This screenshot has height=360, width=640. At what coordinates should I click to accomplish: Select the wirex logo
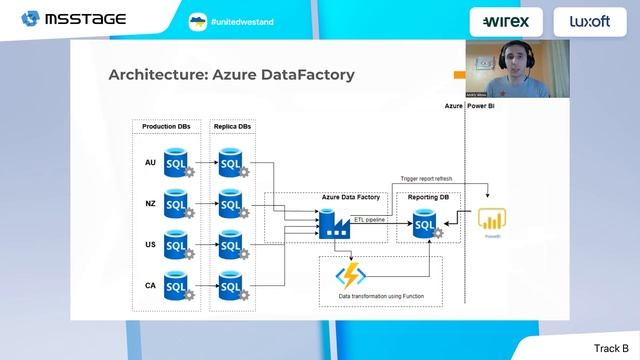[506, 21]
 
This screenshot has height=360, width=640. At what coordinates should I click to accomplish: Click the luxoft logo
[589, 21]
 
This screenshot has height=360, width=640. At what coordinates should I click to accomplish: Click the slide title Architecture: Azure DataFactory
[231, 75]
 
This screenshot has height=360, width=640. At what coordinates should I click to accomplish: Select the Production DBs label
[166, 127]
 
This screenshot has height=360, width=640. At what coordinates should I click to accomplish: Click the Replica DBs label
[233, 127]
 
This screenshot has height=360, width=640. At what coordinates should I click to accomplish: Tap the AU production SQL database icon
[177, 163]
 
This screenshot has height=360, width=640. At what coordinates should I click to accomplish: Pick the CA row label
[150, 285]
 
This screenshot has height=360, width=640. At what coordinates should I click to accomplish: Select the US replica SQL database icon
[231, 245]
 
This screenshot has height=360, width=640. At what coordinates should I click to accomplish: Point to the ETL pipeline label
[370, 218]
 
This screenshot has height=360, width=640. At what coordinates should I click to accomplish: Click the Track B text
[611, 347]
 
